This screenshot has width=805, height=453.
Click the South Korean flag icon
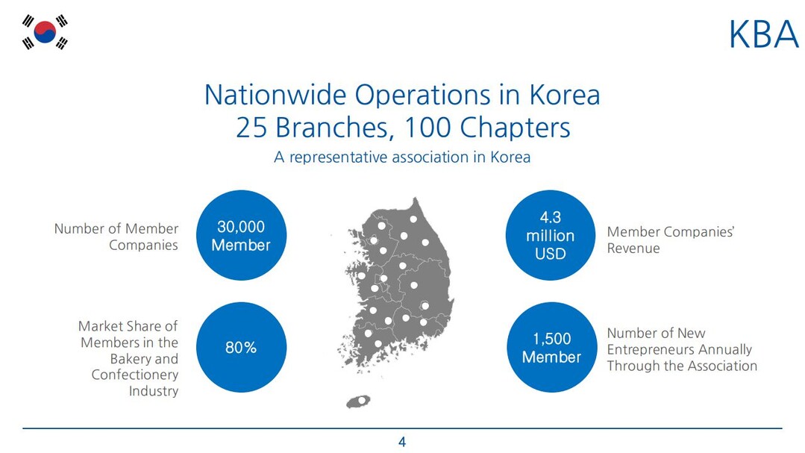tap(45, 32)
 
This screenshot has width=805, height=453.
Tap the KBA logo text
tap(763, 34)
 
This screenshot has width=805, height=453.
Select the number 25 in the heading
tap(251, 128)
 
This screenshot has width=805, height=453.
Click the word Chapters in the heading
tap(515, 128)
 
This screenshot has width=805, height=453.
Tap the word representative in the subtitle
tap(338, 157)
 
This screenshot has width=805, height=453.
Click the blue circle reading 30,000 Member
tap(241, 235)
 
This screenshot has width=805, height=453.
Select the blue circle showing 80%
tap(241, 347)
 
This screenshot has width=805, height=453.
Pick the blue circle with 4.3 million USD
tap(551, 235)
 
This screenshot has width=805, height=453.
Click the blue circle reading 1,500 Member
tap(551, 347)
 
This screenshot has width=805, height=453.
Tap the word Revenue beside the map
tap(633, 249)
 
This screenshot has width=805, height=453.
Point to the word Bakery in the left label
tap(131, 358)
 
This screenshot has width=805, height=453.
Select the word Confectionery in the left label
tap(135, 375)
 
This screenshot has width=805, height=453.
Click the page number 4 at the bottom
tap(402, 442)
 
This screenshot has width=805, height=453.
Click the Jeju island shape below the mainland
tap(358, 401)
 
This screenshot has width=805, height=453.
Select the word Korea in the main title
tap(565, 95)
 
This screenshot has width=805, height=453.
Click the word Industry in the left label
tap(154, 391)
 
